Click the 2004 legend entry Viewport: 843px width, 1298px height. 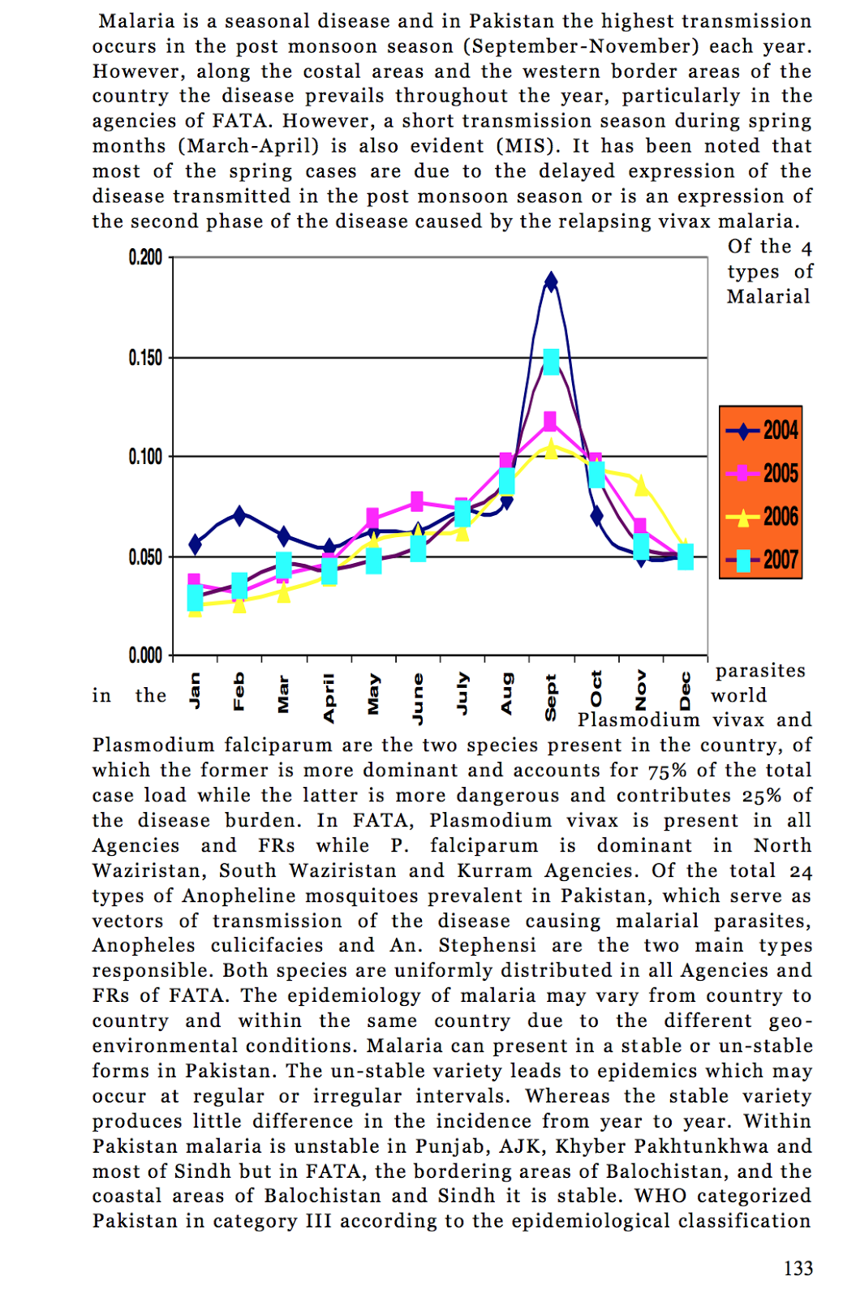tap(762, 430)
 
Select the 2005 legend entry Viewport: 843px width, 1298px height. tap(762, 473)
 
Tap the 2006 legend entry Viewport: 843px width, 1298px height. tap(762, 517)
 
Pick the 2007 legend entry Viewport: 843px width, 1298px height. tap(762, 560)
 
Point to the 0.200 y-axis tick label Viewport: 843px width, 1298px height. tap(145, 258)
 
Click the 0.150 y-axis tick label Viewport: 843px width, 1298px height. tap(145, 358)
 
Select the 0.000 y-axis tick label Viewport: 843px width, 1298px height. tap(145, 655)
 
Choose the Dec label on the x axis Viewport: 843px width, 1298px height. tap(686, 691)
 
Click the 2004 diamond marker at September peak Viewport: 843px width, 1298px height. tap(551, 282)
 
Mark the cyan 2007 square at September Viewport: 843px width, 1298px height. tap(551, 362)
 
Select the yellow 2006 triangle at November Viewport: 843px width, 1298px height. tap(641, 486)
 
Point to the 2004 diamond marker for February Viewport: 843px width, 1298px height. tap(239, 514)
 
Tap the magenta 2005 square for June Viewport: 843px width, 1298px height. tap(417, 501)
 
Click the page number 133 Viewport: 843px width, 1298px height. tap(798, 1269)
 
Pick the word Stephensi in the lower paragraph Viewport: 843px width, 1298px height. tap(487, 946)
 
